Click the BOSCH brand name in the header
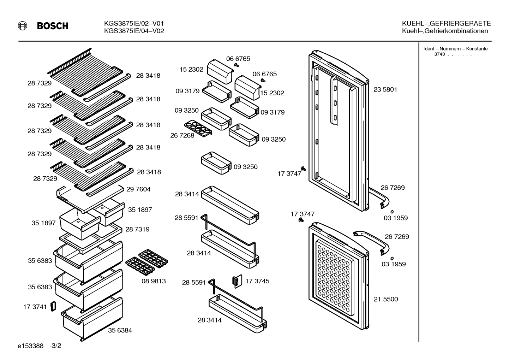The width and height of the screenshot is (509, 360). click(53, 26)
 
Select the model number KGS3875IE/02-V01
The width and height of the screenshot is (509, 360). click(134, 23)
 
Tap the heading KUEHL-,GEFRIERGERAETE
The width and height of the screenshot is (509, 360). click(446, 23)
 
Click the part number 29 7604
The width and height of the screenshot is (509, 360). click(138, 189)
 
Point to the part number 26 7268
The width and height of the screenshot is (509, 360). click(182, 135)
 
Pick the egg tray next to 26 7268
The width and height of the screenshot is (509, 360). click(198, 129)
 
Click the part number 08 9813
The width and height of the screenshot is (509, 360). click(154, 281)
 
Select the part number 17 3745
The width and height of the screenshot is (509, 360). click(257, 281)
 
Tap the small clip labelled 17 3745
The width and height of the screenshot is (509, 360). click(237, 282)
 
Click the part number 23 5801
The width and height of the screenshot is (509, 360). click(385, 90)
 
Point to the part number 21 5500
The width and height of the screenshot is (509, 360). click(386, 299)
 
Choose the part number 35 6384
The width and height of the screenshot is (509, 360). click(120, 330)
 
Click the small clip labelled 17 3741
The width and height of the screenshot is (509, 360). click(53, 306)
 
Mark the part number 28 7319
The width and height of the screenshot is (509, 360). click(137, 229)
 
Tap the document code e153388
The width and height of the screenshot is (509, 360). click(30, 346)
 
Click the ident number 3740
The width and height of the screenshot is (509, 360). click(439, 54)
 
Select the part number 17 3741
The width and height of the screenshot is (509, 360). click(35, 307)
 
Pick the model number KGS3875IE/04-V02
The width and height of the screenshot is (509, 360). click(134, 31)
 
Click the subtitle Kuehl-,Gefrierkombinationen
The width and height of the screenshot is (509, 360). click(445, 31)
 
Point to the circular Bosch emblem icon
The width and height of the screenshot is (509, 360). click(23, 26)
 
